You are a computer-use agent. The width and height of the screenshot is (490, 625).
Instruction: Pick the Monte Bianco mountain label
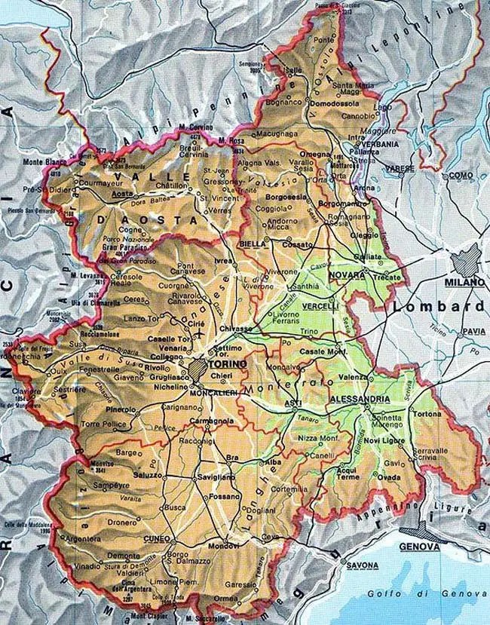(42, 162)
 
